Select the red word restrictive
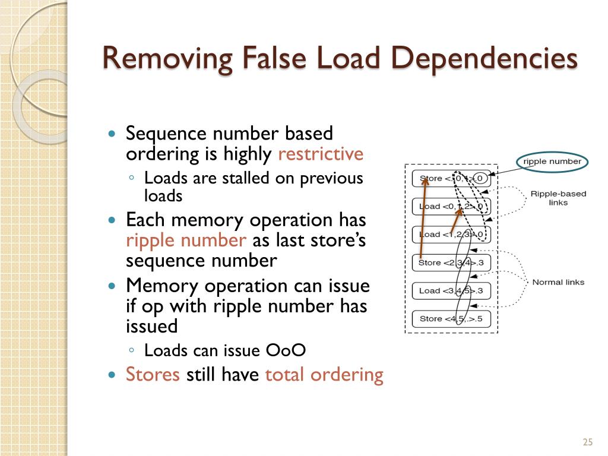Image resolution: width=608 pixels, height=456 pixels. pyautogui.click(x=321, y=154)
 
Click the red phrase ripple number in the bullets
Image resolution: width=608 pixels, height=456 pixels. pyautogui.click(x=186, y=240)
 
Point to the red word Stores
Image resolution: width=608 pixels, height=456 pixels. pyautogui.click(x=153, y=375)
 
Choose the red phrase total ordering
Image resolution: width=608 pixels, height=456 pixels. pyautogui.click(x=324, y=375)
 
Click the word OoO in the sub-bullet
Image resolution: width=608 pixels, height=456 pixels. pyautogui.click(x=286, y=350)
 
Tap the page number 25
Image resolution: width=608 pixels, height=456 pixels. pyautogui.click(x=588, y=442)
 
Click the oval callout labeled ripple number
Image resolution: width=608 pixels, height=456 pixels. pyautogui.click(x=552, y=161)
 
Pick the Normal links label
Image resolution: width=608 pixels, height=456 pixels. pyautogui.click(x=558, y=282)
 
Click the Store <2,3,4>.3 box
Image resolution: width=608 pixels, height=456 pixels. pyautogui.click(x=451, y=262)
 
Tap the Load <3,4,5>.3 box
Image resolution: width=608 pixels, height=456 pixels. pyautogui.click(x=451, y=290)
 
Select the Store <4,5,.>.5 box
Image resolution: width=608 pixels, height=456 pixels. pyautogui.click(x=451, y=318)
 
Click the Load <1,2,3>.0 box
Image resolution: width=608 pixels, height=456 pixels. pyautogui.click(x=451, y=235)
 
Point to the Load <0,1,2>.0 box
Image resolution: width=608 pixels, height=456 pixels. pyautogui.click(x=451, y=207)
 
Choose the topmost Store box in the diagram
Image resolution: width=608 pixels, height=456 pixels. pyautogui.click(x=451, y=178)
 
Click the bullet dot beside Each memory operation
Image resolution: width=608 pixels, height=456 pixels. pyautogui.click(x=112, y=220)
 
